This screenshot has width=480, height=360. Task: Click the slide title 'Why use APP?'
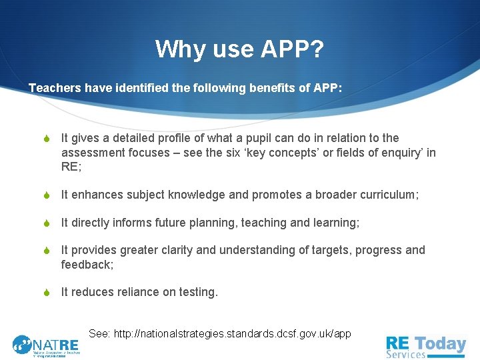[x=239, y=49]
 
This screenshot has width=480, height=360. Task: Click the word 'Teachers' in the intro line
[x=54, y=88]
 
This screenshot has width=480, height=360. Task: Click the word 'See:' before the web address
[x=99, y=333]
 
